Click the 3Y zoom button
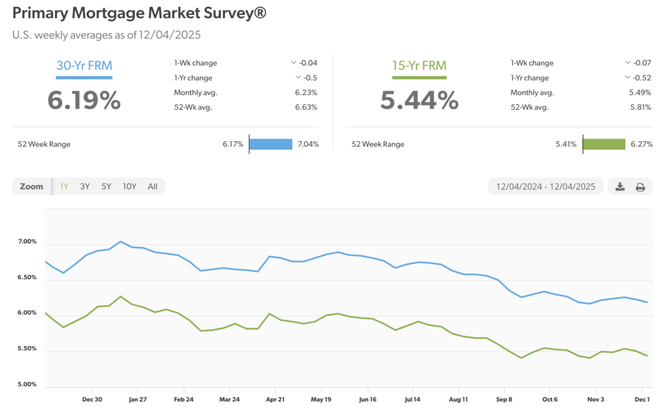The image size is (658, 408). click(x=85, y=186)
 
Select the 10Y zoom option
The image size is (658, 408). click(x=130, y=186)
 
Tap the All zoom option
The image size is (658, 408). click(x=152, y=186)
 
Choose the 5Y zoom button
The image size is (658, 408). click(x=106, y=186)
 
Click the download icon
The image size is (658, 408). click(x=620, y=187)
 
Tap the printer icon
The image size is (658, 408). click(x=640, y=187)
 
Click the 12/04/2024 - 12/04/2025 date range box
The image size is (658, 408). click(x=546, y=187)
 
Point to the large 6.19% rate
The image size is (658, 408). click(x=84, y=100)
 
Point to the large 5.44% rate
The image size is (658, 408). click(x=419, y=100)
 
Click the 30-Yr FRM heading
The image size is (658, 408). click(x=84, y=65)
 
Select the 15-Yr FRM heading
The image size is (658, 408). click(x=419, y=65)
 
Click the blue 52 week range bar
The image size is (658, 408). click(x=271, y=145)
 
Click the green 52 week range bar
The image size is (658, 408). click(x=604, y=145)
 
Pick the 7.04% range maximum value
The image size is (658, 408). click(x=307, y=145)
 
